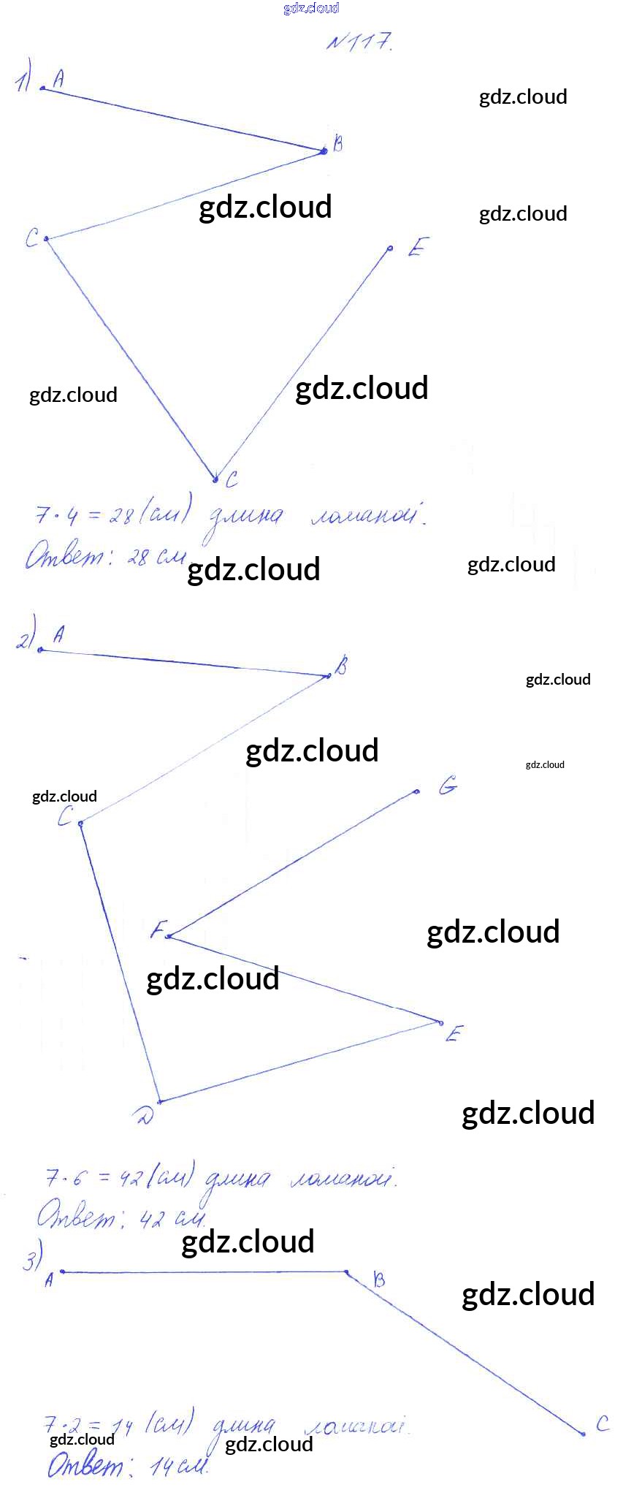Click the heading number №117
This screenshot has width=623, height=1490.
pyautogui.click(x=359, y=42)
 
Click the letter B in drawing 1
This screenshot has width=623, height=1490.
pyautogui.click(x=337, y=143)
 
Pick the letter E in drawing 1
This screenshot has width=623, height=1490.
pyautogui.click(x=416, y=248)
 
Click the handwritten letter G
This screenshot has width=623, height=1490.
pyautogui.click(x=448, y=786)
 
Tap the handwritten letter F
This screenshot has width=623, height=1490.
pyautogui.click(x=156, y=930)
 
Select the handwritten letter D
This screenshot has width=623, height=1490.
pyautogui.click(x=144, y=1116)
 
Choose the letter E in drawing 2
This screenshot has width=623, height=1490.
pyautogui.click(x=454, y=1034)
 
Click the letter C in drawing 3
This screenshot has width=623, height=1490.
pyautogui.click(x=602, y=1424)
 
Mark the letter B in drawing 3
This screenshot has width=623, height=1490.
pyautogui.click(x=378, y=1279)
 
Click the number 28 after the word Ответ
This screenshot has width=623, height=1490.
pyautogui.click(x=137, y=558)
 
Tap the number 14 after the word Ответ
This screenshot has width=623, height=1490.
pyautogui.click(x=161, y=1466)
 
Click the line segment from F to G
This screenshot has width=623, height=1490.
pyautogui.click(x=292, y=864)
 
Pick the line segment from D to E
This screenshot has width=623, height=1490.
pyautogui.click(x=299, y=1061)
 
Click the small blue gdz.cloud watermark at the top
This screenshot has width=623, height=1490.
pyautogui.click(x=311, y=8)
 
